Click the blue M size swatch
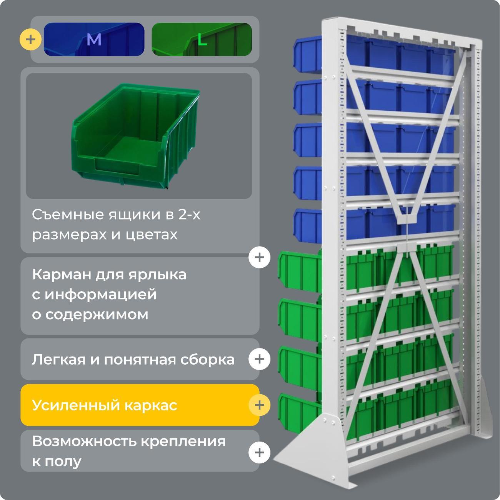[94, 39]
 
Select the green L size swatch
[202, 39]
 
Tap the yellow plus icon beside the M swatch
[30, 39]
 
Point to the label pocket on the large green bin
[115, 167]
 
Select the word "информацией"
[101, 295]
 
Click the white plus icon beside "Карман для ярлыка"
[259, 257]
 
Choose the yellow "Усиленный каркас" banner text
[105, 405]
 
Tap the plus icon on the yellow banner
[259, 405]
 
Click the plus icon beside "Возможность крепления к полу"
[259, 452]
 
